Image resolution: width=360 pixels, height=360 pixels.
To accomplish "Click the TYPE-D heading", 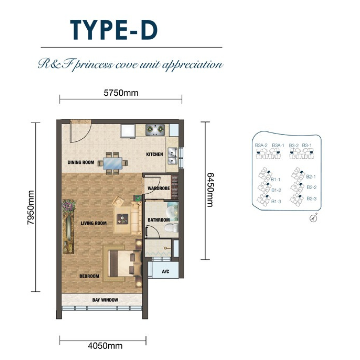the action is [x=114, y=30].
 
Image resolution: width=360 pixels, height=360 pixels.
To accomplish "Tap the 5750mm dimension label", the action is [x=121, y=93].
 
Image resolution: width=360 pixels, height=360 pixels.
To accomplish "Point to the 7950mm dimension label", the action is [x=31, y=207].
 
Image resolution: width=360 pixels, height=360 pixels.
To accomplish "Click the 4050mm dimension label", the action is [x=105, y=346].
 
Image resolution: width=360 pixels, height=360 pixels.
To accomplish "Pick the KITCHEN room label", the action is [x=155, y=154].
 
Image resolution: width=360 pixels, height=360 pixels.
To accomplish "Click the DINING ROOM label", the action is [x=81, y=162].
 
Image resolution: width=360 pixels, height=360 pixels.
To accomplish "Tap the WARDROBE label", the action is [x=159, y=188].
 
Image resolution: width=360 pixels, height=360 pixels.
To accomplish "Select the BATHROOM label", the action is [x=159, y=220].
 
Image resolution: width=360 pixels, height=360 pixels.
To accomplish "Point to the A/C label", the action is [x=166, y=272].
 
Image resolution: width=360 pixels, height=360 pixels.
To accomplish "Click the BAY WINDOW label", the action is [x=105, y=300].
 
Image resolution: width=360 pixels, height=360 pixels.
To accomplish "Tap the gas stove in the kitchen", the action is [x=155, y=130].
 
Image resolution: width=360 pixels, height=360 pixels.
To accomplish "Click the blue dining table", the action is [x=113, y=163].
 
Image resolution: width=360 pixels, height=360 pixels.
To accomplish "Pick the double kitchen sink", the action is [x=172, y=156].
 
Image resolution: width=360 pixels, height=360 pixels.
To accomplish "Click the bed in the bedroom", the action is [x=124, y=263].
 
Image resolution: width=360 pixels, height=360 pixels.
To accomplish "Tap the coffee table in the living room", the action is [x=123, y=219].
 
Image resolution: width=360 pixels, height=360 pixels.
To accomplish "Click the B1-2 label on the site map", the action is [x=276, y=190].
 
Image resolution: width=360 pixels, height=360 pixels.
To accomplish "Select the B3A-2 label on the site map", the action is [x=261, y=145].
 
